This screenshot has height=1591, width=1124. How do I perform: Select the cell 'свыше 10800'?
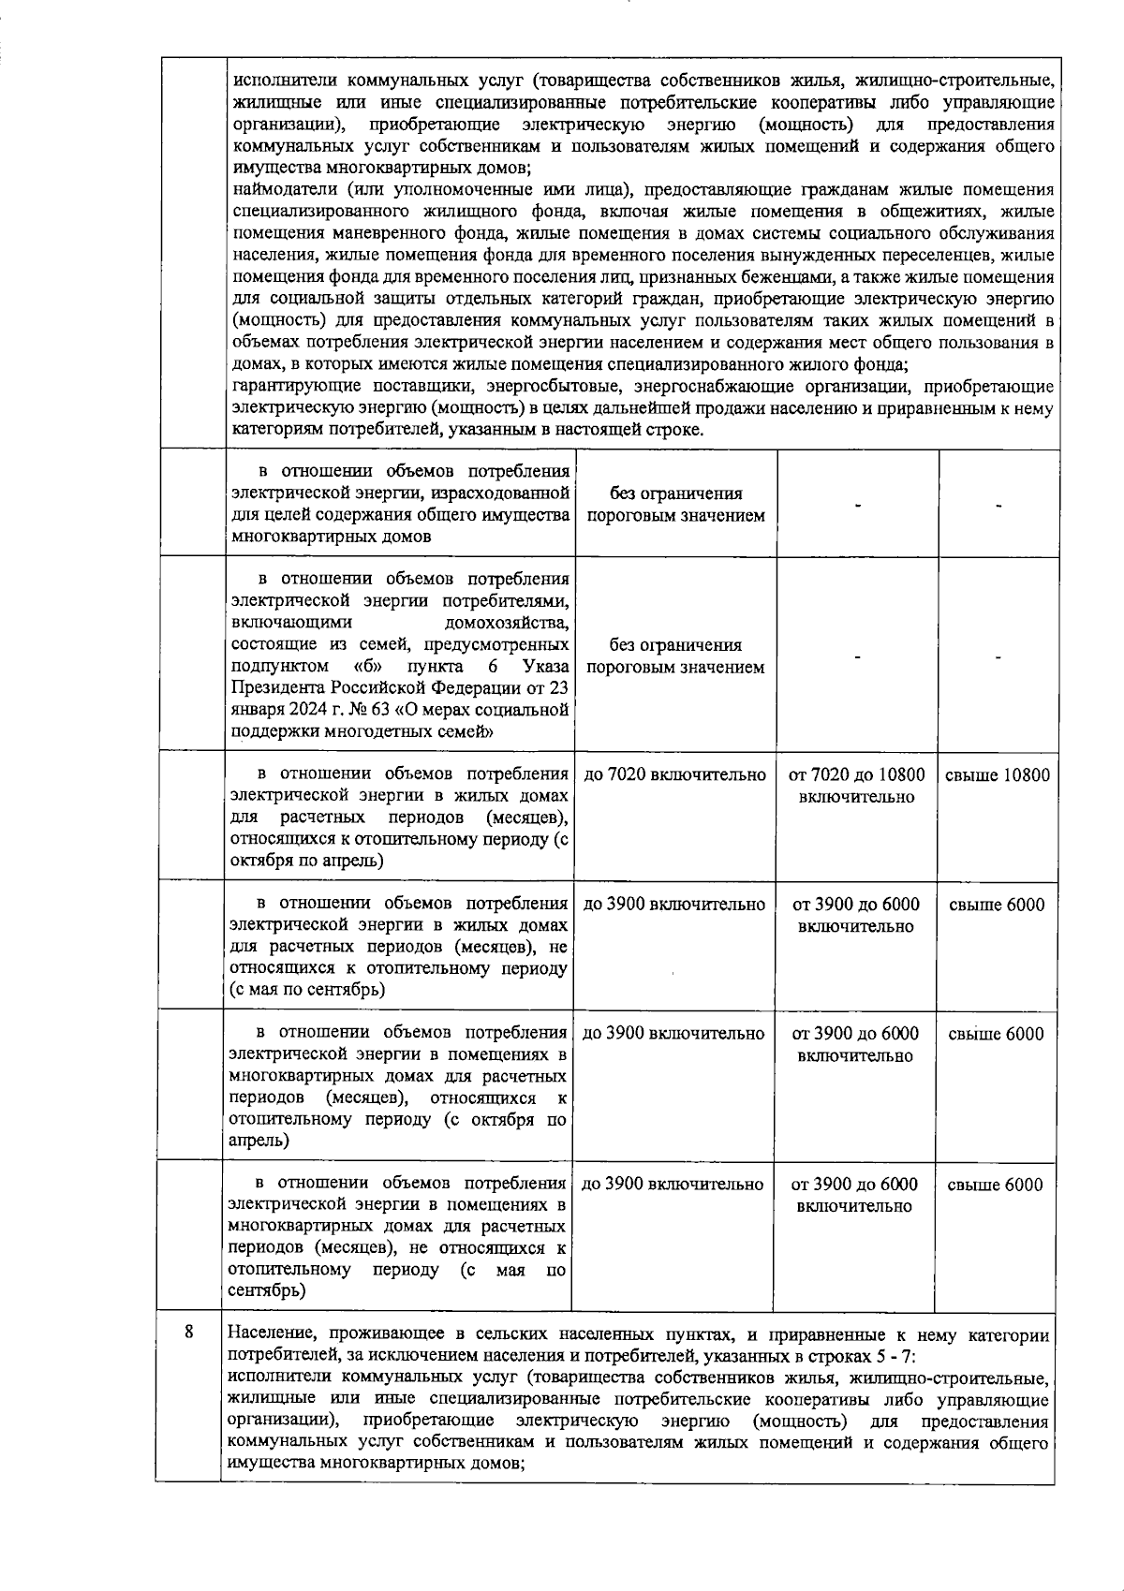pos(998,775)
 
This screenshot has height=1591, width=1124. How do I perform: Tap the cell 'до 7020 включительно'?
pos(674,775)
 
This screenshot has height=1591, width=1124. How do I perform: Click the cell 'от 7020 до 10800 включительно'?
pos(856,786)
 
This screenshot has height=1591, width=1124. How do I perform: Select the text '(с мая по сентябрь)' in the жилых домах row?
pos(308,990)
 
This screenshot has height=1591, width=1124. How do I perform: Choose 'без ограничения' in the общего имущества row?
pos(675,494)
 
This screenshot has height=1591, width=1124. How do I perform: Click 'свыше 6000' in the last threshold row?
pos(995,1185)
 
